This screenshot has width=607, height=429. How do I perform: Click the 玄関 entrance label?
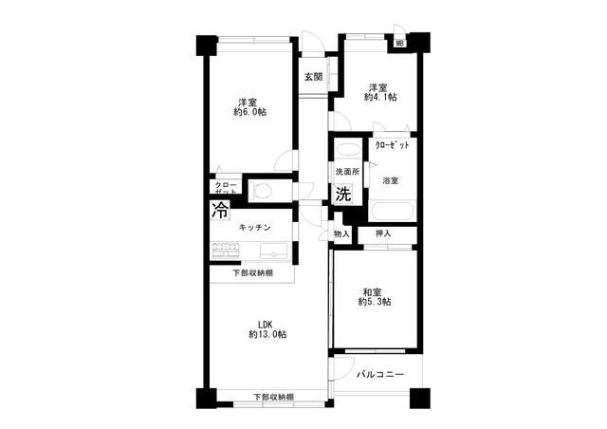click(313, 77)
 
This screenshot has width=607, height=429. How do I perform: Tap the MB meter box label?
click(400, 44)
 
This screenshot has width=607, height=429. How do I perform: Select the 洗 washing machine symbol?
click(343, 194)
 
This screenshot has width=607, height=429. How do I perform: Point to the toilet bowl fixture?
click(261, 191)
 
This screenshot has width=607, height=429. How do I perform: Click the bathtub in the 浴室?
click(392, 211)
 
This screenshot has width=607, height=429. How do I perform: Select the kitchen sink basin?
click(274, 251)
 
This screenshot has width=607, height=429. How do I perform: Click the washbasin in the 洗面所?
click(347, 150)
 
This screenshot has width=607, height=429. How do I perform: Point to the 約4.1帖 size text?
click(380, 97)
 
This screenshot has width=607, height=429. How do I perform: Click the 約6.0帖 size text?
click(250, 112)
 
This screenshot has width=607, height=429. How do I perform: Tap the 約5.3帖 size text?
click(375, 302)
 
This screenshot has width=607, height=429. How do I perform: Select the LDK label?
click(267, 325)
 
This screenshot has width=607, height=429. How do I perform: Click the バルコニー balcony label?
click(380, 374)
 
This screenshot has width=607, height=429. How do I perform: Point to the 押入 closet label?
click(383, 233)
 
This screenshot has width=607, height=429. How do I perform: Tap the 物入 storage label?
click(341, 234)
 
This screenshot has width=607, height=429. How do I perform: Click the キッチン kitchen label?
click(254, 228)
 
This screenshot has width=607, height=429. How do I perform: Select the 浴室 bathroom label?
click(390, 180)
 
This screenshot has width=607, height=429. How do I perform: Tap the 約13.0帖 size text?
click(267, 334)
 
